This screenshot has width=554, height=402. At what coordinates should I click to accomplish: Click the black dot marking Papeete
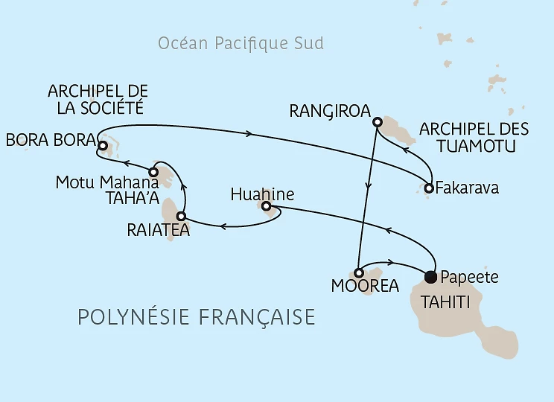(x=430, y=278)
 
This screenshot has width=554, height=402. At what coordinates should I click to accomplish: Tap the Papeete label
(x=468, y=278)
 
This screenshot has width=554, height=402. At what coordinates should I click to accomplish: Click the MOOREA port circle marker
(x=358, y=272)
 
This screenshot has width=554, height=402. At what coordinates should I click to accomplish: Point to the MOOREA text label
(x=365, y=287)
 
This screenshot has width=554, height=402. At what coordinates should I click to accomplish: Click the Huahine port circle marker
(x=266, y=206)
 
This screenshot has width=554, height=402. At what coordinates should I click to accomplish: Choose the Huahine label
(x=262, y=194)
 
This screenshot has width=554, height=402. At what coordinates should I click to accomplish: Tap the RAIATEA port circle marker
(x=180, y=217)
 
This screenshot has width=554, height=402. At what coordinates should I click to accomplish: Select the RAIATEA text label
(x=159, y=231)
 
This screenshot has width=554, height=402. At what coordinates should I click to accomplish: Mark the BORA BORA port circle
(x=102, y=146)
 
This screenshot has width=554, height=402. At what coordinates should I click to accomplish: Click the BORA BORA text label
(x=50, y=140)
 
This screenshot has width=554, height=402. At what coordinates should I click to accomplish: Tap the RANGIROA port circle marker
(x=378, y=122)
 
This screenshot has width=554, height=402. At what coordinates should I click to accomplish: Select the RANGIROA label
(x=329, y=112)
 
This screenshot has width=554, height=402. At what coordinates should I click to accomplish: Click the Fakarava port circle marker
(x=429, y=188)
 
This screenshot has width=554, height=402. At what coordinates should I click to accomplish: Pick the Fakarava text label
(x=468, y=188)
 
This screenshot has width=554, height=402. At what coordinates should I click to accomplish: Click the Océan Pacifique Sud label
(x=241, y=43)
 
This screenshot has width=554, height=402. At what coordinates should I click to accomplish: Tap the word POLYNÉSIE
(x=131, y=318)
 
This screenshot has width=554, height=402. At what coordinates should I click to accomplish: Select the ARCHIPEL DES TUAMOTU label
(x=474, y=138)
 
